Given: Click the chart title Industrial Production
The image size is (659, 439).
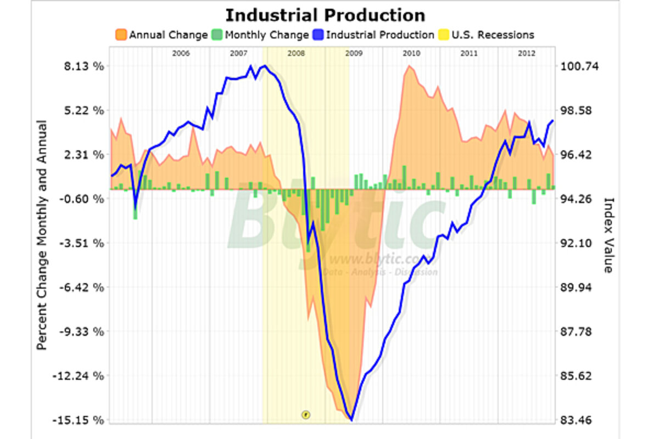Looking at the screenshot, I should pyautogui.click(x=325, y=14).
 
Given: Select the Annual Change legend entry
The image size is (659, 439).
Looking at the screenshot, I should pyautogui.click(x=161, y=35).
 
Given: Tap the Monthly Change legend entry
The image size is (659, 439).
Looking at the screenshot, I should pyautogui.click(x=260, y=35).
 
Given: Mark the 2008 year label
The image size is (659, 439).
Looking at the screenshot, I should pyautogui.click(x=296, y=54).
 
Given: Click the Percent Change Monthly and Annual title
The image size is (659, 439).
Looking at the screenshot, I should pyautogui.click(x=42, y=235).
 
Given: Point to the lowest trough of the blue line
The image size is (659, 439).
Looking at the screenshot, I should pyautogui.click(x=351, y=420).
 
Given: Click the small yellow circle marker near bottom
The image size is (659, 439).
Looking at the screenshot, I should pyautogui.click(x=306, y=414).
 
